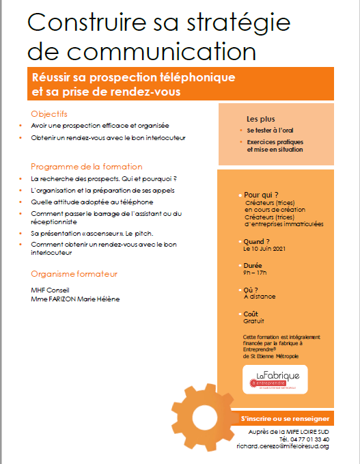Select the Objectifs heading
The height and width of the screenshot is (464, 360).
coord(49,113)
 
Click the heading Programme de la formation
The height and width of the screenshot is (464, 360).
coord(87,166)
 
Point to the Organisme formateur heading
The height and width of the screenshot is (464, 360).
coord(74,274)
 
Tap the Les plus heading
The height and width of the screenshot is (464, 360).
coord(261,119)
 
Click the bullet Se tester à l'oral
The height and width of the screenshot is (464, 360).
coord(268,129)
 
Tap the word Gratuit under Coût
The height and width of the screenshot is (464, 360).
coord(253,320)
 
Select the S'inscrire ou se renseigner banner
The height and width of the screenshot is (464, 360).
coord(285,418)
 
